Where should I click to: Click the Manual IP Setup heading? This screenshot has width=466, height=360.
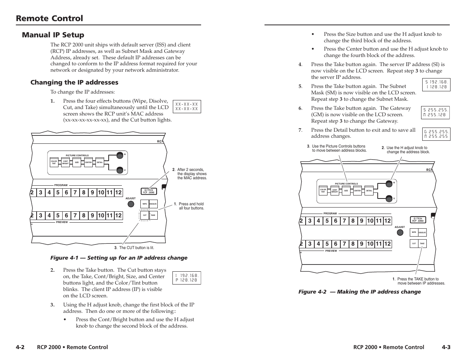click(x=53, y=35)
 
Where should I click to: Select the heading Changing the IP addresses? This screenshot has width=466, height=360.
click(x=74, y=82)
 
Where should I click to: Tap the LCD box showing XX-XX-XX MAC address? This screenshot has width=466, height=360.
click(x=187, y=106)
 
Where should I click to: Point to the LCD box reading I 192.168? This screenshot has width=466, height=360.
click(x=186, y=278)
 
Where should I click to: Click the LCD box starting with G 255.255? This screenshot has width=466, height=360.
click(x=436, y=134)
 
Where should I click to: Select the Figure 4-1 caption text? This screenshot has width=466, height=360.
click(x=119, y=258)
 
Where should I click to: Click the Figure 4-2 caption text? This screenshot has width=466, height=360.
click(x=360, y=292)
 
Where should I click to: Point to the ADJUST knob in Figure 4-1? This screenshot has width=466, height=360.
click(x=131, y=204)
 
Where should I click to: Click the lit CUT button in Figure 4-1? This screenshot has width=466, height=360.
click(x=145, y=215)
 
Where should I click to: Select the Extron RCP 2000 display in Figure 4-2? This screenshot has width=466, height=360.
click(x=418, y=220)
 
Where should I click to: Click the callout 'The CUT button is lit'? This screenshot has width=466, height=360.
click(x=134, y=248)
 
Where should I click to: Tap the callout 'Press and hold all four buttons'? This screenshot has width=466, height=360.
click(x=191, y=206)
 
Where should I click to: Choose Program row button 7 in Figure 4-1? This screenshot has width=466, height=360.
click(x=75, y=193)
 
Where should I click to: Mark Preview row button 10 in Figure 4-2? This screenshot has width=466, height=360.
click(x=370, y=244)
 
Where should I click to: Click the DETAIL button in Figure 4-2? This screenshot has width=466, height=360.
click(x=369, y=191)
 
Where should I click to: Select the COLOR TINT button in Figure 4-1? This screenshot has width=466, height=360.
click(x=54, y=162)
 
